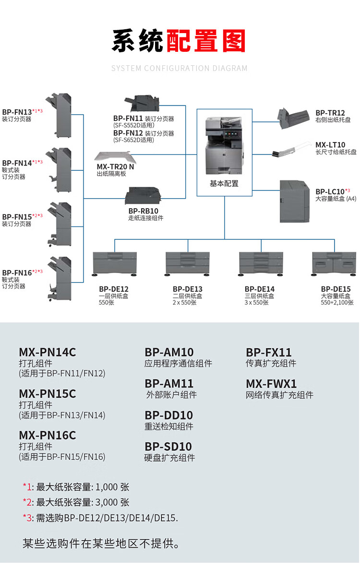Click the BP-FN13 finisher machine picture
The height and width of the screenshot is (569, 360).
pyautogui.click(x=59, y=116)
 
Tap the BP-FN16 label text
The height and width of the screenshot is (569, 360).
pyautogui.click(x=17, y=273)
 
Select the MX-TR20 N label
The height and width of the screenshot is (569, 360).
pyautogui.click(x=115, y=167)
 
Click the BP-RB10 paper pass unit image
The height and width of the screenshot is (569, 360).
pyautogui.click(x=142, y=196)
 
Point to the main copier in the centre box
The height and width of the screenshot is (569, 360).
pyautogui.click(x=224, y=145)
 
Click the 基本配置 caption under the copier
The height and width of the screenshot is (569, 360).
pyautogui.click(x=224, y=184)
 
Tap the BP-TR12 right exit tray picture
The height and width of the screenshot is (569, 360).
pyautogui.click(x=293, y=119)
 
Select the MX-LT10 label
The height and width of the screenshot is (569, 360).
pyautogui.click(x=330, y=145)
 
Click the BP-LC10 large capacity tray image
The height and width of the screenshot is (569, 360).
pyautogui.click(x=294, y=202)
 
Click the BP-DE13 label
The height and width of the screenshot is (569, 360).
pyautogui.click(x=188, y=289)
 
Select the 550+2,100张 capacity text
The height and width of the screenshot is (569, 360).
pyautogui.click(x=337, y=303)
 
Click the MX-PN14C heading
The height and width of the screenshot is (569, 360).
pyautogui.click(x=48, y=352)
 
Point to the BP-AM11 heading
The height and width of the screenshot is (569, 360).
pyautogui.click(x=169, y=383)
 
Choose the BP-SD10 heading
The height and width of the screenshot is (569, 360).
pyautogui.click(x=168, y=447)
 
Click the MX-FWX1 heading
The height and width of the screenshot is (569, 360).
pyautogui.click(x=272, y=384)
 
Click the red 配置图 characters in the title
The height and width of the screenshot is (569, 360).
pyautogui.click(x=206, y=41)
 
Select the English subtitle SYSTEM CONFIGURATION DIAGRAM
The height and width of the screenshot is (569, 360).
pyautogui.click(x=179, y=68)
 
